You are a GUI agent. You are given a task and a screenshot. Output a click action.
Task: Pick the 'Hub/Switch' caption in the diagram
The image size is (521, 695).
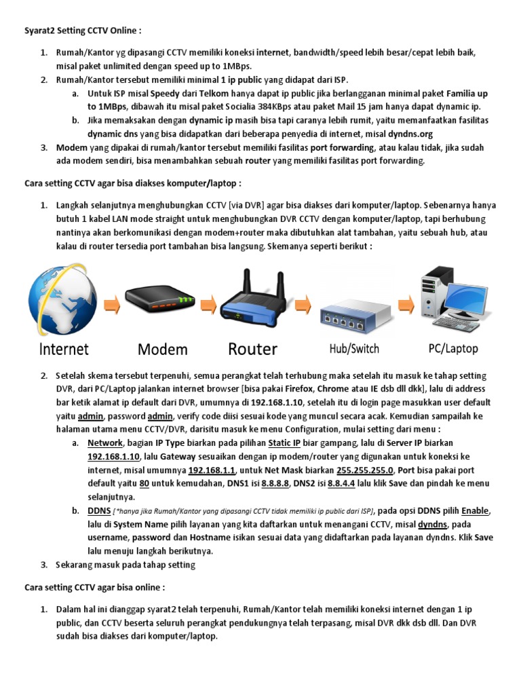(x=354, y=349)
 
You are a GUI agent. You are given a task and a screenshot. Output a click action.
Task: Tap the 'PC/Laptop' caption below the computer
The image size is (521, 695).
(x=453, y=348)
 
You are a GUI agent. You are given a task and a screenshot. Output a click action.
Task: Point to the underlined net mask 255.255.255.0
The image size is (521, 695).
(x=366, y=470)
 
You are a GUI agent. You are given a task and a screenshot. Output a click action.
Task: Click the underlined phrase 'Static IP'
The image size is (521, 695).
(x=284, y=443)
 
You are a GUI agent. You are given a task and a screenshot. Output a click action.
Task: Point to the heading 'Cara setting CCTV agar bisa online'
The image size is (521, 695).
(x=94, y=586)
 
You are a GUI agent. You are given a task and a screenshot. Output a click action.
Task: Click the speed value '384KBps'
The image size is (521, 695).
(x=317, y=107)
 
